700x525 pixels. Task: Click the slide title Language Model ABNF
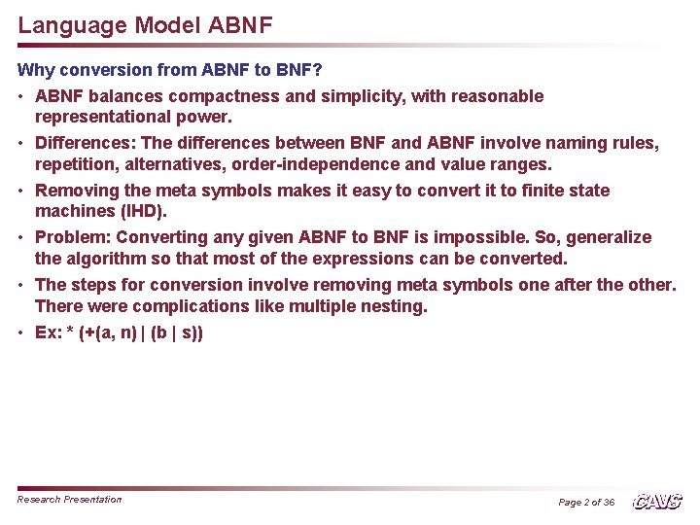[x=145, y=24]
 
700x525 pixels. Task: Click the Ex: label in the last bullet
[x=48, y=332]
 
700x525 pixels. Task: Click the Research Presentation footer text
[x=70, y=500]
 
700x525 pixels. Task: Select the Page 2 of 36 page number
[x=586, y=502]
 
